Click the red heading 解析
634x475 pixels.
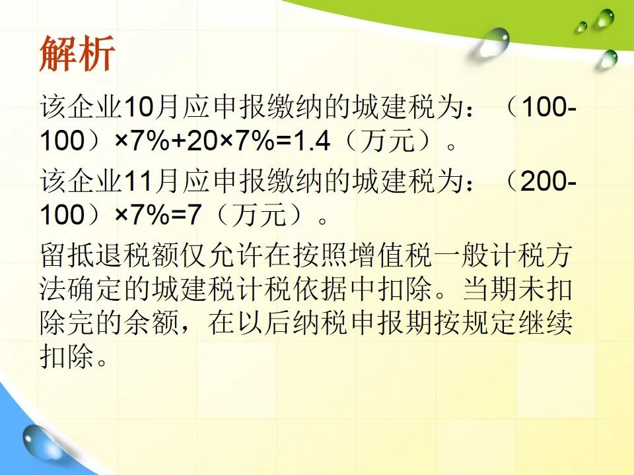point(77,53)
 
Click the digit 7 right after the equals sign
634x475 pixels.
point(194,214)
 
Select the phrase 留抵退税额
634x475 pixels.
point(109,255)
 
